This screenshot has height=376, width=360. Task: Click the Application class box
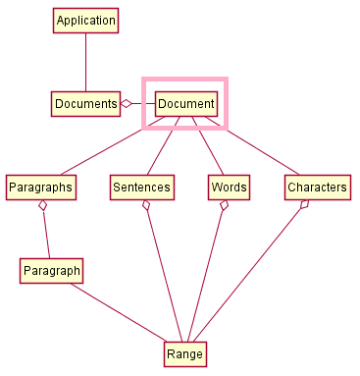tap(85, 21)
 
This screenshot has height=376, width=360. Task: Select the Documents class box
tap(85, 103)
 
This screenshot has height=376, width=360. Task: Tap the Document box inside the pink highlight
tap(185, 103)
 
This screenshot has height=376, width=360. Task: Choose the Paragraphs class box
tap(39, 187)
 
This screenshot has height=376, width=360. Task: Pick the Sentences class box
tap(141, 187)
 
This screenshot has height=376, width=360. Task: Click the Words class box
tap(229, 187)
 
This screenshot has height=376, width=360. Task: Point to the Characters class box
tap(317, 187)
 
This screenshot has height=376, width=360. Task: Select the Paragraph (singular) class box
tap(51, 270)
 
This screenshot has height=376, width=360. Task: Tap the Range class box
tap(185, 353)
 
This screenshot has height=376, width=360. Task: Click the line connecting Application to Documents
tap(85, 62)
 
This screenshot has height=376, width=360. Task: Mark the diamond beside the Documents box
tap(126, 103)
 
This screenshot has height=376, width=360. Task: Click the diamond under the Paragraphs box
tap(42, 205)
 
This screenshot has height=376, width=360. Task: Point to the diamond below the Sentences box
tap(146, 205)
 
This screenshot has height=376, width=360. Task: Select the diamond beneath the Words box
tap(225, 205)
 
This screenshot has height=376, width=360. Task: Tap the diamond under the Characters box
tap(305, 204)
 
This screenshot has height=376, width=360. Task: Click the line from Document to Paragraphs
tap(108, 145)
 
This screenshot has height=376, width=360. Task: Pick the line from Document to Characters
tap(255, 146)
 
